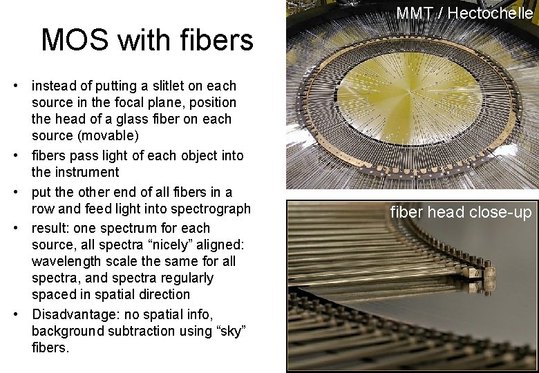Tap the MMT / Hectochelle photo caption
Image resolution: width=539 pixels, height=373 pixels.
pyautogui.click(x=464, y=12)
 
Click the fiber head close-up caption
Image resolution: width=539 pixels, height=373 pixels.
pyautogui.click(x=461, y=212)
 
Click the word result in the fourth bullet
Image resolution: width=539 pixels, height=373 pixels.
pyautogui.click(x=50, y=228)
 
